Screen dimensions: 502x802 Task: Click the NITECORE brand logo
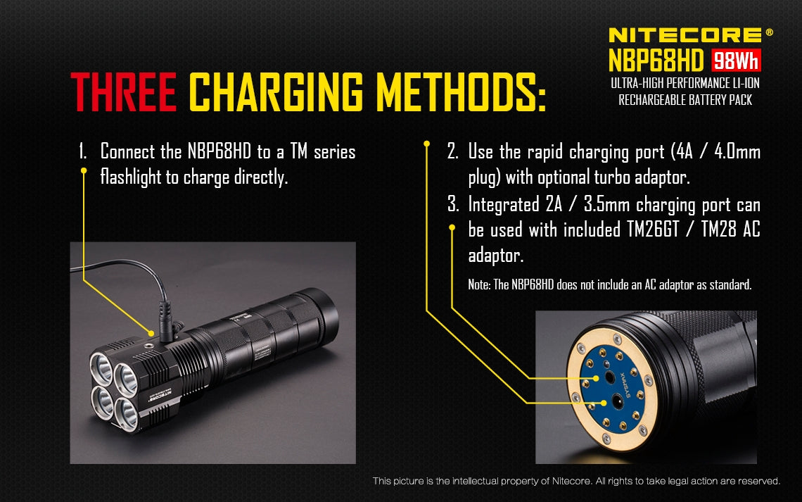685,34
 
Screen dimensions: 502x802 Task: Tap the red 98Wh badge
737,62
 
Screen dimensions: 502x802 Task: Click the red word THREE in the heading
123,92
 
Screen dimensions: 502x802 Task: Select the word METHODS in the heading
460,92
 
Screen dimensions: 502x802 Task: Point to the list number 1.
82,151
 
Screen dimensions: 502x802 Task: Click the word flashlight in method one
131,177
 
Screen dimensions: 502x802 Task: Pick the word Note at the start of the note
480,285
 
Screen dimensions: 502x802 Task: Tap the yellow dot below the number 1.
83,170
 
